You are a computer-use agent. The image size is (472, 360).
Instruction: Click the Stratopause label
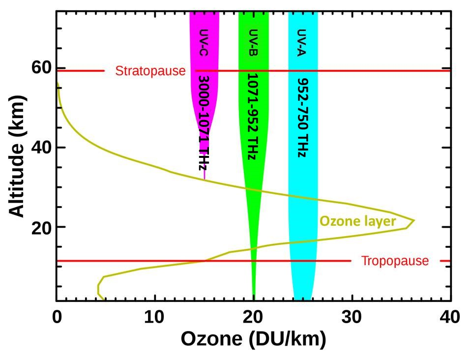tap(150, 71)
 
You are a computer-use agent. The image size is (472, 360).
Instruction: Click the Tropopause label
tap(395, 261)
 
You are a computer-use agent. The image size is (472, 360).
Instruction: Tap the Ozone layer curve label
tap(357, 221)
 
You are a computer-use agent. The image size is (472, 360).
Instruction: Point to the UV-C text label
tap(204, 43)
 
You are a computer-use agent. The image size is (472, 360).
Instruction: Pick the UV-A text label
tap(302, 43)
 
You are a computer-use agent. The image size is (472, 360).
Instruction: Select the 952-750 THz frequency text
tap(302, 117)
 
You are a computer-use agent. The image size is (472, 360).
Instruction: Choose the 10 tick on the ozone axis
tap(155, 317)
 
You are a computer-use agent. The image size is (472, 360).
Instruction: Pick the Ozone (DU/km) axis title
tap(253, 339)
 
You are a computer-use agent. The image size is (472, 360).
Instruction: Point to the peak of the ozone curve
tap(414, 220)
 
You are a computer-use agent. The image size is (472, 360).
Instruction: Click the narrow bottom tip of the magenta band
tap(205, 178)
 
